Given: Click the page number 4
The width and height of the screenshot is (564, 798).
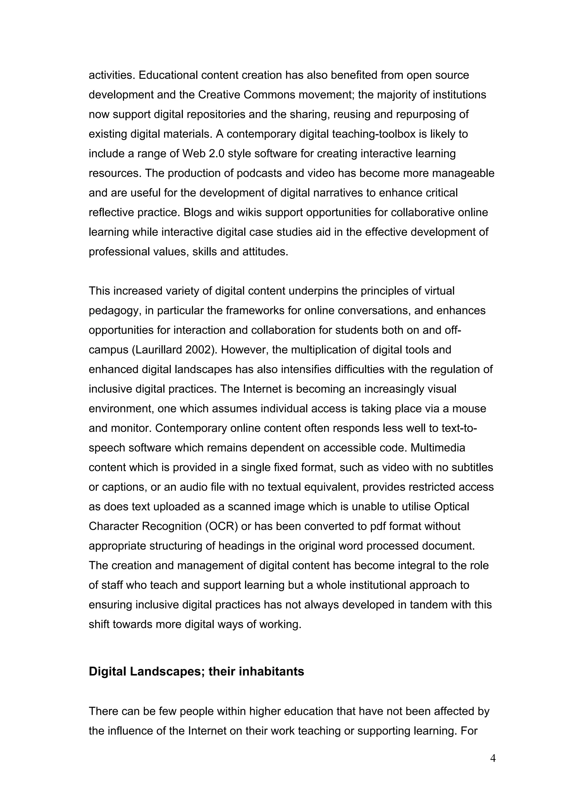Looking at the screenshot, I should (492, 758).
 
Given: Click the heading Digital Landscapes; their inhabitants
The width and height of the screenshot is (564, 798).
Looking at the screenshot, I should (196, 671).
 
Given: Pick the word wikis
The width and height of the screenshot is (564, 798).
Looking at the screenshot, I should (242, 212).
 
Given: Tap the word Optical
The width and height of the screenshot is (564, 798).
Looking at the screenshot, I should (451, 506).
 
